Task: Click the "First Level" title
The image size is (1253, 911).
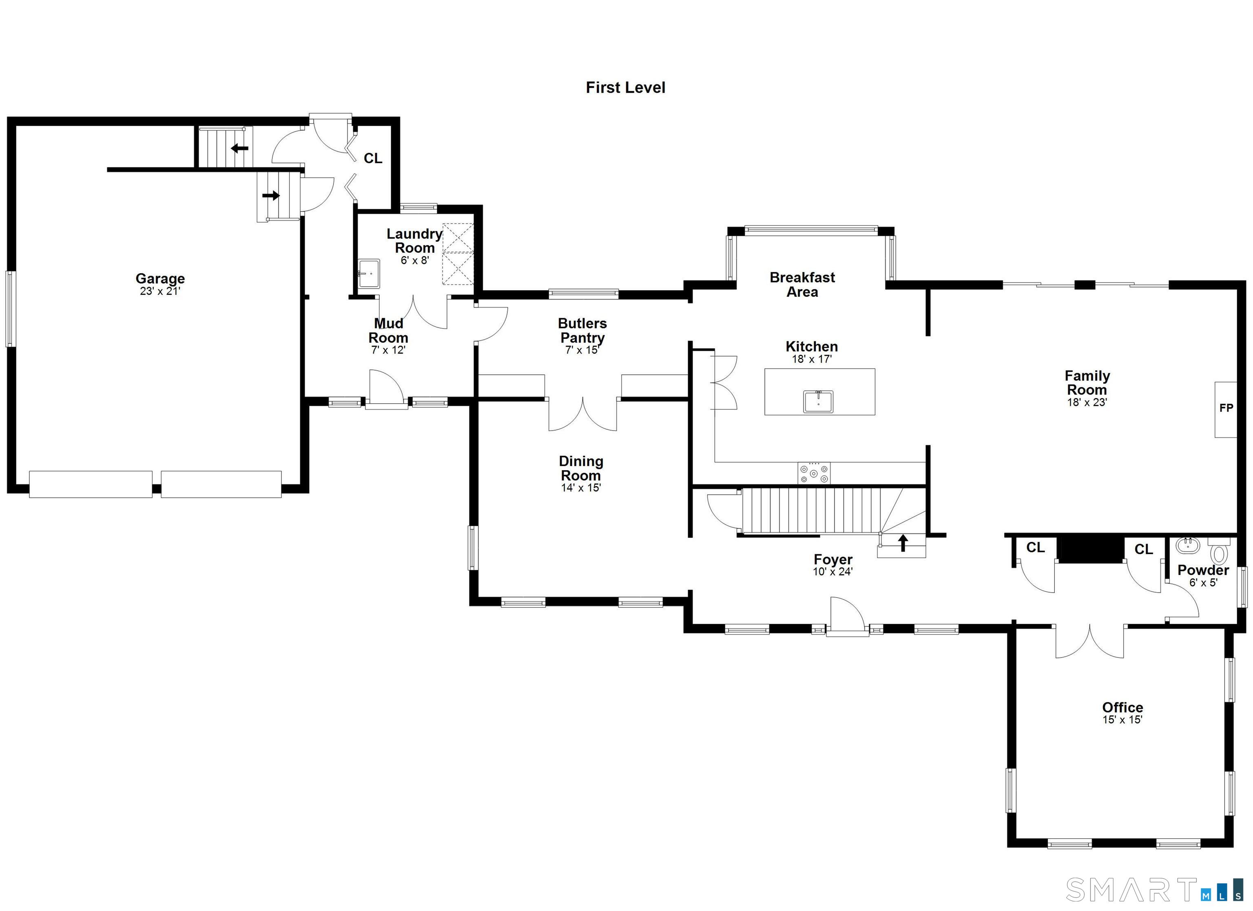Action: pos(625,87)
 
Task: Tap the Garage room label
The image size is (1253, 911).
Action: pos(160,279)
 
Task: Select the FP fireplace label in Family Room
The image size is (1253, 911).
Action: pos(1226,408)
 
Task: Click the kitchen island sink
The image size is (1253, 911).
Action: pos(818,402)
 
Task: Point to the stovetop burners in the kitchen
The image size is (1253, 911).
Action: pos(814,473)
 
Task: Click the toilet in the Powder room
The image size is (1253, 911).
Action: pos(1218,551)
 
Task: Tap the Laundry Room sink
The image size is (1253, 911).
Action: pos(368,274)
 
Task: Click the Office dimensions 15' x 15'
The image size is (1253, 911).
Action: pos(1122,719)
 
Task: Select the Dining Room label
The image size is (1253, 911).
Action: pos(581,468)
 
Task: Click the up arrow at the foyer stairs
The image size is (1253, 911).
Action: pos(903,543)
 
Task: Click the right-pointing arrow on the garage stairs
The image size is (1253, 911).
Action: pos(271,195)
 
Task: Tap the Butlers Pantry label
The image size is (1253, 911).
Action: pos(582,330)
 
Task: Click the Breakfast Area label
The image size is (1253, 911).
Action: pos(802,285)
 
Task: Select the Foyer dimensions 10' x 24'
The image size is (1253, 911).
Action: pos(832,572)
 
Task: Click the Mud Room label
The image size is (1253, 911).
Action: pos(388,330)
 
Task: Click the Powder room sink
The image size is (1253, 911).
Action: pos(1187,545)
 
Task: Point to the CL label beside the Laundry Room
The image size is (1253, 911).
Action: pos(373,159)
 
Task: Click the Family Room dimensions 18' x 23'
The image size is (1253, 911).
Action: pos(1087,402)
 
